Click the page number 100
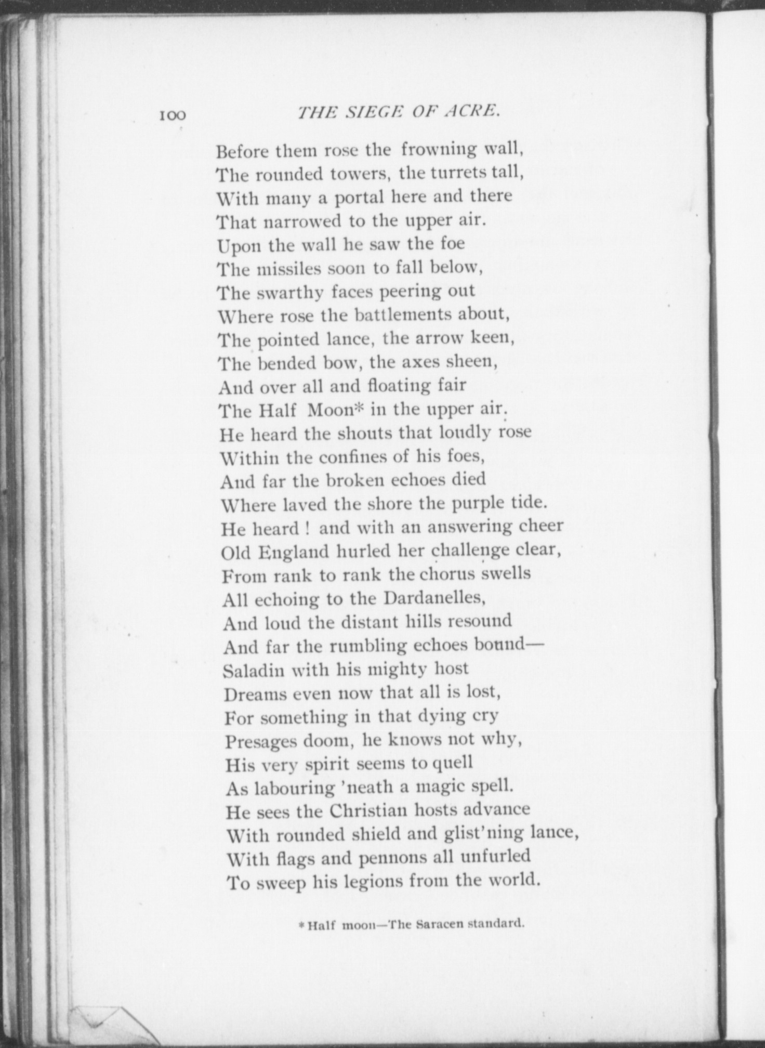[173, 115]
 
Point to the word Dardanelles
[434, 598]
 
